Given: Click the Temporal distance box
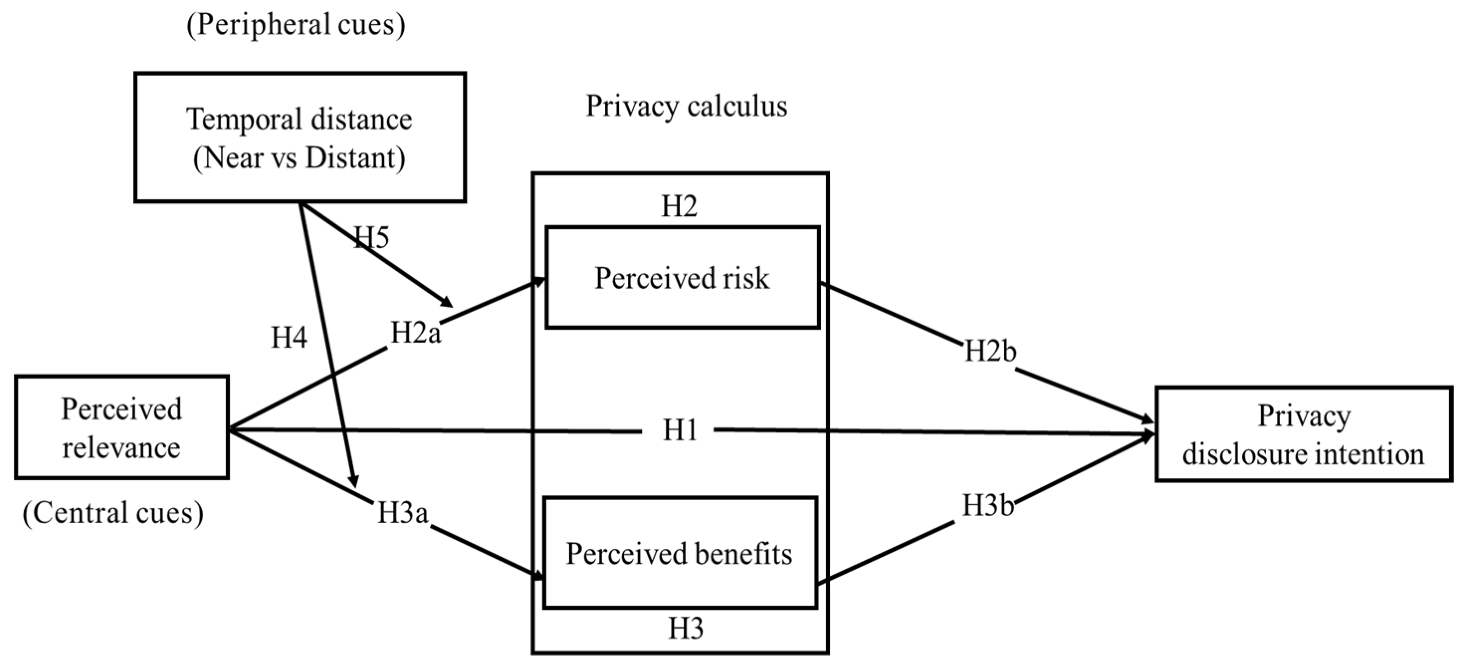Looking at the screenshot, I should click(300, 137).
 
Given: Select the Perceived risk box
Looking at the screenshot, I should click(682, 278).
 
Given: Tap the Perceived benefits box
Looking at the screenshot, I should click(679, 553).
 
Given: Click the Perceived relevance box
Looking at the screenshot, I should click(121, 428).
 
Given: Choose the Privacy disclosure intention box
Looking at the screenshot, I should click(1303, 435).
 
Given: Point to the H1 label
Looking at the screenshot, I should click(679, 431).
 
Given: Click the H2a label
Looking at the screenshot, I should click(416, 332).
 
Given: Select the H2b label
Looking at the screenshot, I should click(990, 352).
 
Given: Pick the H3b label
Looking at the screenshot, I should click(988, 505).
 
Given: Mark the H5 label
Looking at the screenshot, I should click(372, 237).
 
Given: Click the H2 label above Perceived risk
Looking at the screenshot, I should click(679, 206).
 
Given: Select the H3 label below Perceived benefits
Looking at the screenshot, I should click(685, 628).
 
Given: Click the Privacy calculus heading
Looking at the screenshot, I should click(686, 106).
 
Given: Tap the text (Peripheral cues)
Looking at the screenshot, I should click(296, 25).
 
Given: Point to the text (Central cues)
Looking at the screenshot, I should click(113, 513).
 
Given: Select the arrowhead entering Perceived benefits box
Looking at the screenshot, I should click(537, 577).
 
